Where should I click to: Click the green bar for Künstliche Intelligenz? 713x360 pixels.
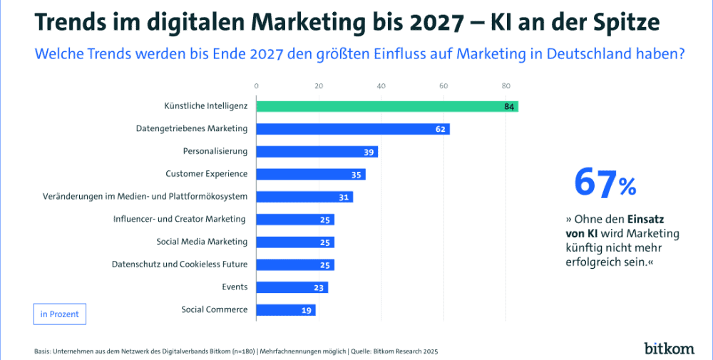[385, 106]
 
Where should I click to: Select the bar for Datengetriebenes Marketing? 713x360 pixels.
[352, 129]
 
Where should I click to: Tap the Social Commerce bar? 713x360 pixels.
[285, 310]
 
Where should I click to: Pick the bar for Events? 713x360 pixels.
[291, 287]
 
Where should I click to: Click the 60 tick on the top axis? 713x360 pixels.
[443, 86]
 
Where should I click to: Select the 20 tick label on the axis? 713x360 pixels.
[319, 86]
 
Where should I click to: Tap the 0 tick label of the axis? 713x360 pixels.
[256, 86]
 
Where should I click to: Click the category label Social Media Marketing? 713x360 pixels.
[202, 242]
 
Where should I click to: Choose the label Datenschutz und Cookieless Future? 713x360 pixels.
[180, 264]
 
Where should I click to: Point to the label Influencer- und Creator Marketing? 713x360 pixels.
[180, 219]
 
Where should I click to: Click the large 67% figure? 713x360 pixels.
[605, 184]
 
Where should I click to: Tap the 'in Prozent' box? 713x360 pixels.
[60, 314]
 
